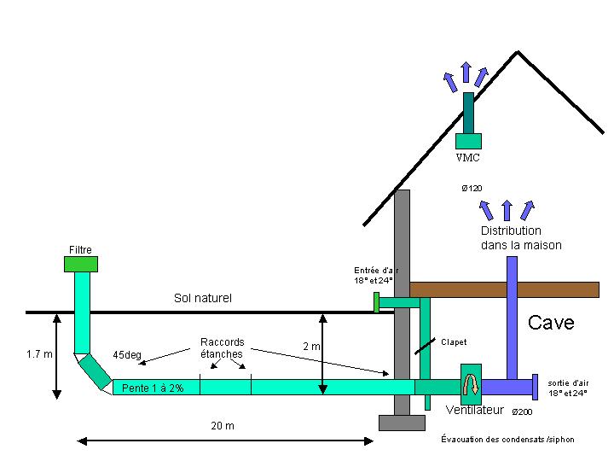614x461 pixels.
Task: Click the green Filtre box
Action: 81,264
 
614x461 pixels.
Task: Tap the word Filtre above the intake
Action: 80,250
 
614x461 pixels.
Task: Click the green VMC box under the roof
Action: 468,141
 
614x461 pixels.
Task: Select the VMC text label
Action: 468,158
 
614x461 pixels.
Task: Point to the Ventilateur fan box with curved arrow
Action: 471,384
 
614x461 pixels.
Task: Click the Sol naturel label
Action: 203,298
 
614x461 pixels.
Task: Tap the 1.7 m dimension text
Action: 39,354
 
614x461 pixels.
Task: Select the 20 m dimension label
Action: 223,426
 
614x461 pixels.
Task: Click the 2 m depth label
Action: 311,347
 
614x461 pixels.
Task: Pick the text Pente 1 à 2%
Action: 153,388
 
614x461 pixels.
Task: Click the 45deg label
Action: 127,355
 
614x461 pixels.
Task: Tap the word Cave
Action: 551,323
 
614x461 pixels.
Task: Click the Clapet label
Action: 454,342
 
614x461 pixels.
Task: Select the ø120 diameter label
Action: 472,189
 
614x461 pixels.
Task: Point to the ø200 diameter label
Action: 522,412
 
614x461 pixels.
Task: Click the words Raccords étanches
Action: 222,348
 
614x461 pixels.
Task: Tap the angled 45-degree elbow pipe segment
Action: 95,371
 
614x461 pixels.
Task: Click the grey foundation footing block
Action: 402,423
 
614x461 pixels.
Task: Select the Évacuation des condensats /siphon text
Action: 507,440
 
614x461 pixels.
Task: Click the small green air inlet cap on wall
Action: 376,302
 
